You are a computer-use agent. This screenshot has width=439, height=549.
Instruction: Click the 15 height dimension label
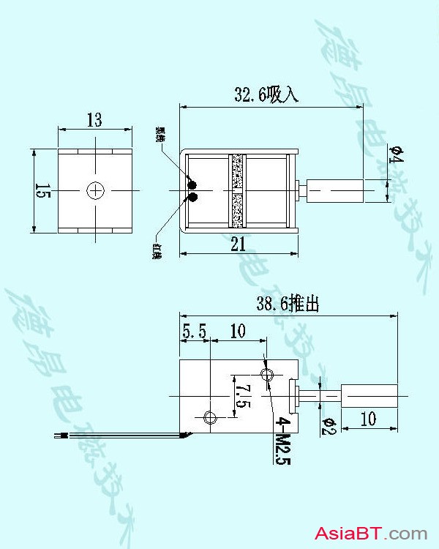(43, 192)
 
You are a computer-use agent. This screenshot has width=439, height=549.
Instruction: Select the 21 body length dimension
(239, 246)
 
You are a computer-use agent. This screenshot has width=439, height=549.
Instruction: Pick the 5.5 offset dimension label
(195, 332)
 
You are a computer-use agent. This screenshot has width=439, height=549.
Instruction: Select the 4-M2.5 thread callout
(280, 441)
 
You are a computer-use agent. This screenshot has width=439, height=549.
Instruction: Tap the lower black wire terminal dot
(193, 197)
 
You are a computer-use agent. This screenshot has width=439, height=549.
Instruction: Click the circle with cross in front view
(96, 191)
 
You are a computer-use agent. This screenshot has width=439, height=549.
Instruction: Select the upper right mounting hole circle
(268, 375)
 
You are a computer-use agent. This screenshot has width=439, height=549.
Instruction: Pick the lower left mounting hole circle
(210, 418)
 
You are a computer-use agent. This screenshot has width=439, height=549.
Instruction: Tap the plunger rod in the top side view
(337, 191)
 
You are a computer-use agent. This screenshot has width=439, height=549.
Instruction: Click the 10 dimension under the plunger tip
(368, 419)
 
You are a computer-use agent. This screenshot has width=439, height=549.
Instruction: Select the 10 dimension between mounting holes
(238, 332)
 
